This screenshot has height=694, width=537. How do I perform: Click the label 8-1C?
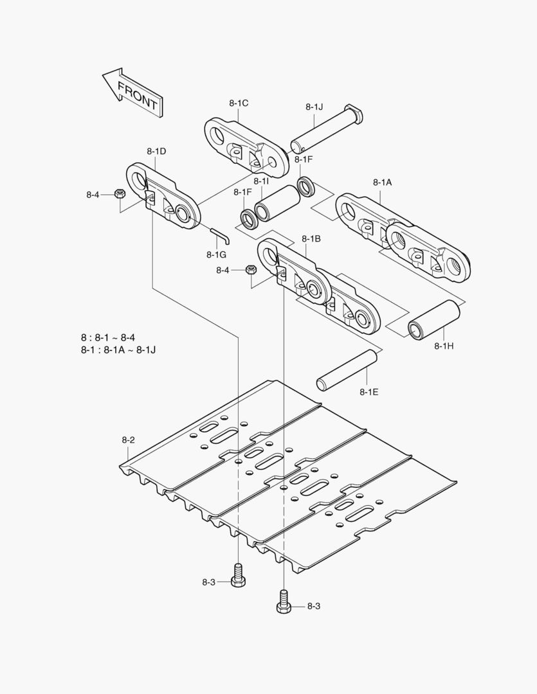click(238, 103)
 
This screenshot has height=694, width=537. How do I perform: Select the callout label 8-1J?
click(314, 107)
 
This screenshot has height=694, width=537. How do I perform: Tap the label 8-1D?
click(156, 152)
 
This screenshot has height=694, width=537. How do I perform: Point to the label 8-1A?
click(382, 182)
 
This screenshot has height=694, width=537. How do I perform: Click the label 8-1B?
click(311, 239)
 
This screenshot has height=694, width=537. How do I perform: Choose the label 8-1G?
click(216, 254)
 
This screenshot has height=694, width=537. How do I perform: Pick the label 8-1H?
click(444, 346)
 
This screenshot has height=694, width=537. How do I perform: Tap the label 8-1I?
click(261, 182)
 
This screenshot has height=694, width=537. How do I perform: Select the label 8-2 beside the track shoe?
click(128, 440)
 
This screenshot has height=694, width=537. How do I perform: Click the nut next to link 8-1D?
click(119, 194)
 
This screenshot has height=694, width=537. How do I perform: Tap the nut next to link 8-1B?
click(252, 270)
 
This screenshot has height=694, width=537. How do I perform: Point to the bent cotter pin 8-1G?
click(219, 235)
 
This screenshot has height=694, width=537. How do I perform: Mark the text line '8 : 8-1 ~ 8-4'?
click(108, 338)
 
